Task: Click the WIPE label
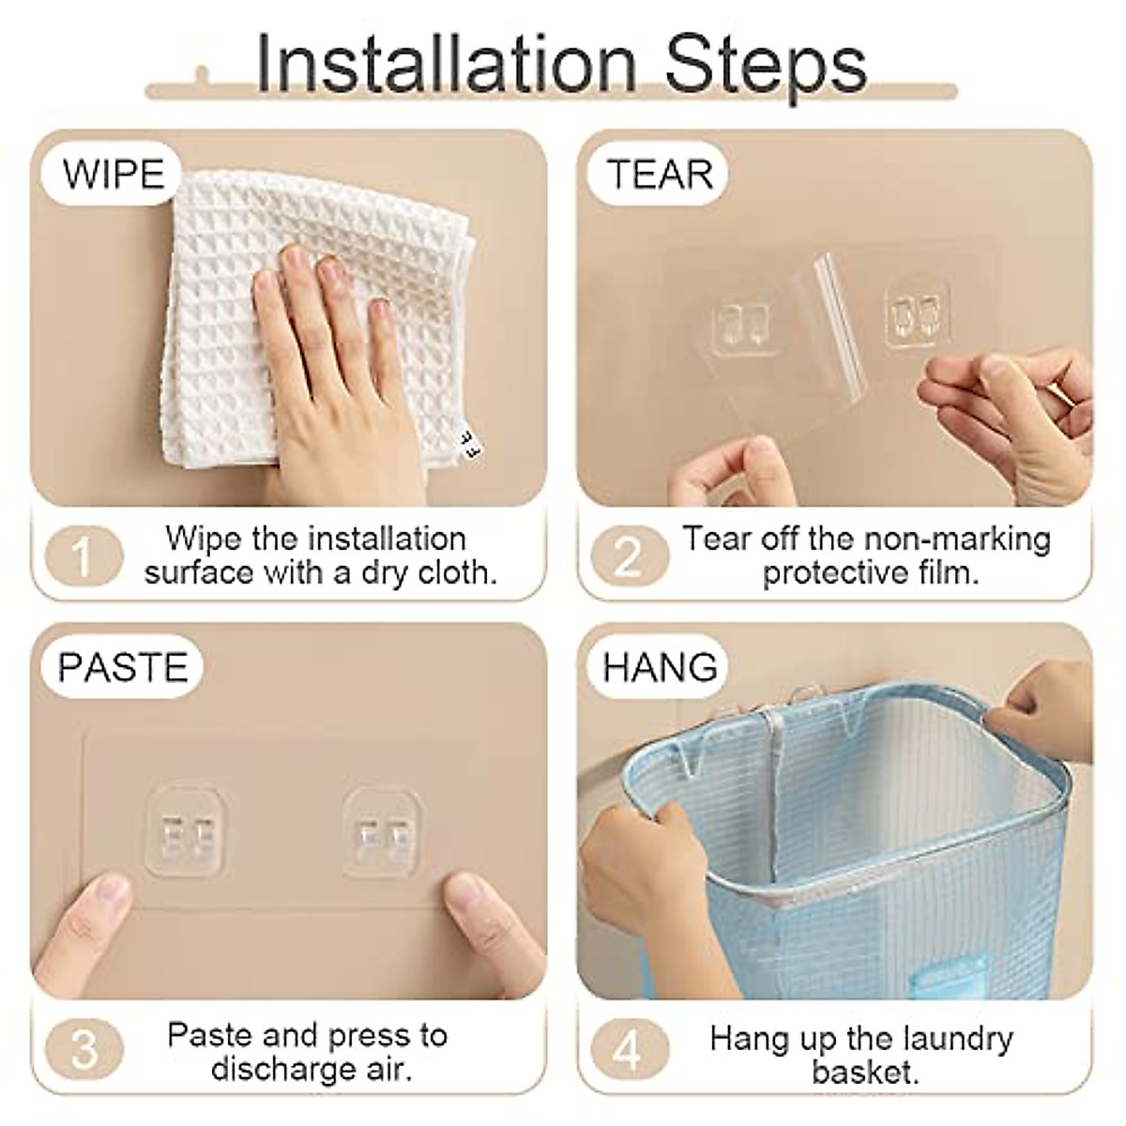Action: [x=114, y=175]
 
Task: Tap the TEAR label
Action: [x=660, y=175]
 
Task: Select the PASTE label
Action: [x=123, y=667]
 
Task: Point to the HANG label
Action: [x=660, y=667]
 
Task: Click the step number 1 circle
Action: [x=84, y=555]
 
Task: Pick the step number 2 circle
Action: [x=627, y=555]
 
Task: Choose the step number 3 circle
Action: [x=84, y=1048]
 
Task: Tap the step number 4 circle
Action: [x=627, y=1048]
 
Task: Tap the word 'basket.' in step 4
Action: [x=862, y=1071]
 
